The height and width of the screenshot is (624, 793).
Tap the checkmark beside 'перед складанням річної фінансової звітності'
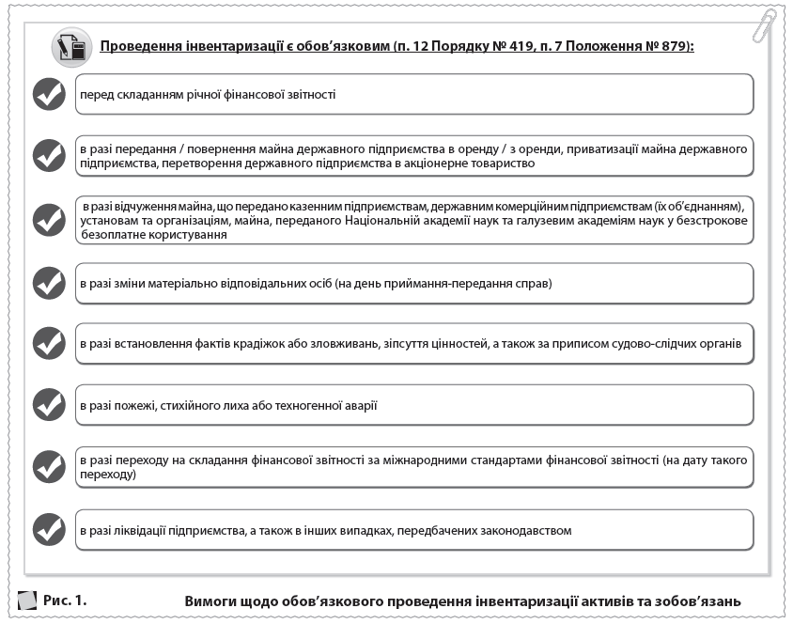pos(49,95)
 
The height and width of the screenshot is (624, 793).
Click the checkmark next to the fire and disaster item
pos(49,405)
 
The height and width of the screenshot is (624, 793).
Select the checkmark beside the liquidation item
pos(49,529)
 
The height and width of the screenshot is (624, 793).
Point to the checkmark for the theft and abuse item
pos(49,344)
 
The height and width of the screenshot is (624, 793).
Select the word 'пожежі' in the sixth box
pos(135,405)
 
